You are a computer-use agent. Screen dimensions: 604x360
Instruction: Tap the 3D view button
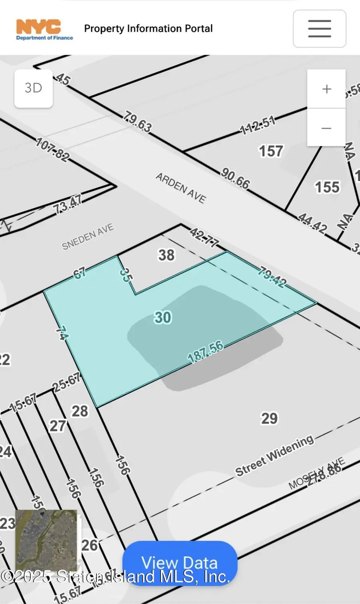(34, 88)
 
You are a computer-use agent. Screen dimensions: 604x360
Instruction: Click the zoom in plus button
(326, 89)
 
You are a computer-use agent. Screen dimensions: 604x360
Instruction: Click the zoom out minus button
(326, 128)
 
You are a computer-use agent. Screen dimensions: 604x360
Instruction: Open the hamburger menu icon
(319, 29)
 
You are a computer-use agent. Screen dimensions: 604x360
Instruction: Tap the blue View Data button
(180, 563)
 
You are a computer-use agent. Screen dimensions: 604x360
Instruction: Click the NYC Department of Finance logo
(44, 30)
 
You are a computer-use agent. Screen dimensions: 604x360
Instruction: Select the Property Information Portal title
(148, 29)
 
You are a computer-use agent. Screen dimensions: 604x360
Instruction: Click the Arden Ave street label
(181, 188)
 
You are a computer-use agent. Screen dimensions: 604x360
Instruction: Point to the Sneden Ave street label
(88, 237)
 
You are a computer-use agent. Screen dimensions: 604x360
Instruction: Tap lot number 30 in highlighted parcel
(163, 317)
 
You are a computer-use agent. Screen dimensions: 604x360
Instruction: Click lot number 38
(166, 255)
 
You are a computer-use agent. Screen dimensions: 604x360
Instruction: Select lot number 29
(269, 419)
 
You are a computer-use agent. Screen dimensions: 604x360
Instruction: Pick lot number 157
(271, 151)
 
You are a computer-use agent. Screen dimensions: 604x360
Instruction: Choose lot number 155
(327, 187)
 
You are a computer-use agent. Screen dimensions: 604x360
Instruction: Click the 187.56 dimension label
(206, 351)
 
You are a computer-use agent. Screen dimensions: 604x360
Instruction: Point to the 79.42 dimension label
(272, 278)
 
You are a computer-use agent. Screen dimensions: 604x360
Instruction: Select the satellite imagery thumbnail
(46, 540)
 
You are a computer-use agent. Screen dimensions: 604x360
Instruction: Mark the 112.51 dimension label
(258, 125)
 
